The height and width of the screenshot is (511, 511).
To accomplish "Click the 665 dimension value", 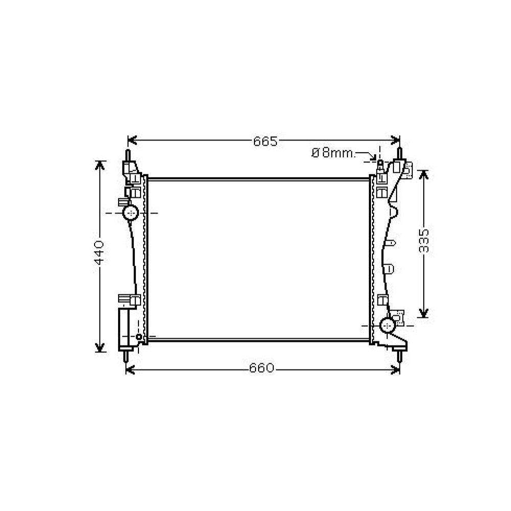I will click(265, 141).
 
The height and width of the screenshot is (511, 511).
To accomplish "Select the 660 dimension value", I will click(263, 368).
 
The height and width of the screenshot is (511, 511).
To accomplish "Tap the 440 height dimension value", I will click(100, 251).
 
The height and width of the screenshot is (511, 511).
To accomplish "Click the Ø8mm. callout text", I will click(333, 152).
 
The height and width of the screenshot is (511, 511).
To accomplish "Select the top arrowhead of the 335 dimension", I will click(424, 174).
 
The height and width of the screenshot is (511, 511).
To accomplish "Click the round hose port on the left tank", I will click(131, 213).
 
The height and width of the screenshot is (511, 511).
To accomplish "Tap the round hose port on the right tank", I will click(388, 324).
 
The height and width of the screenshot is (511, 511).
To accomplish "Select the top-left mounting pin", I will click(128, 155).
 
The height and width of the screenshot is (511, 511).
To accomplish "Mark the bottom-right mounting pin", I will click(400, 356).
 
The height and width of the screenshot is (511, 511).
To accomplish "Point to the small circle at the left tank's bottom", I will click(139, 337).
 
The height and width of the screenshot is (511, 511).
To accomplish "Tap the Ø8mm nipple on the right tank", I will click(380, 162).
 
